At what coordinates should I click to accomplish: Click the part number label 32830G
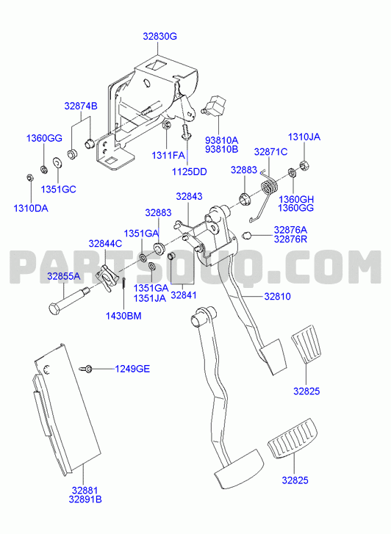tap(160, 36)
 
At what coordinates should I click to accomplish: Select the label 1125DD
tap(189, 172)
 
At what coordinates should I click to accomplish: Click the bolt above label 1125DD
tap(185, 132)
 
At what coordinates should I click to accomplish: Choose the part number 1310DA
tap(31, 208)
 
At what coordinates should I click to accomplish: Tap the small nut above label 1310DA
tap(29, 178)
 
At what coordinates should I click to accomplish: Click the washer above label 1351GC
tap(57, 163)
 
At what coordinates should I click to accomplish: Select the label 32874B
tap(81, 107)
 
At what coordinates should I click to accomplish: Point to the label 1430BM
tap(123, 316)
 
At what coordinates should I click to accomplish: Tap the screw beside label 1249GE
tap(86, 369)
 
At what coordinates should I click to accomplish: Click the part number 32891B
tap(85, 499)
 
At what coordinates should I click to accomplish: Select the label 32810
tap(278, 296)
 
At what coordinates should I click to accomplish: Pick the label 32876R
tap(290, 239)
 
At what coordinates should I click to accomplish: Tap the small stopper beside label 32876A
tap(246, 235)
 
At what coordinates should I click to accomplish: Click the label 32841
tap(184, 295)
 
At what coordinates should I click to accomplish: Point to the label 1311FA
tap(168, 156)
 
